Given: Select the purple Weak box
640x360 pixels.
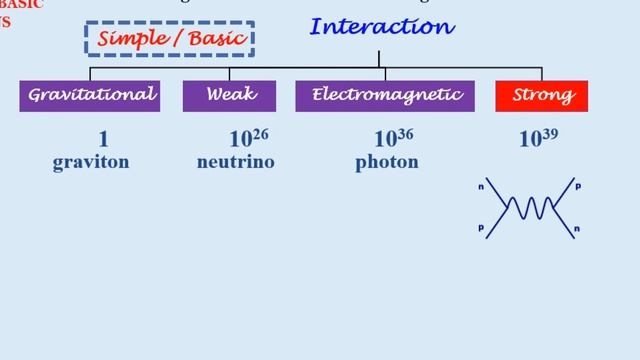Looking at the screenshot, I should point(229,96).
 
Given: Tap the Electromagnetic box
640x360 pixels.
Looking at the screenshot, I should point(386,96).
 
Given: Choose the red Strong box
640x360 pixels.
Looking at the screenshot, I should point(542,96).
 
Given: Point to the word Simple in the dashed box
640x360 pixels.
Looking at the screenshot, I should point(130,40).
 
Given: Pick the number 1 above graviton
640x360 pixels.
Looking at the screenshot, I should point(103,140).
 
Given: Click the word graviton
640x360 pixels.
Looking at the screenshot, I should point(91,162).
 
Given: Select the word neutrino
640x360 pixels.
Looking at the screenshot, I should point(235,162).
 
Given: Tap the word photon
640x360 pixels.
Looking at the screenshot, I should point(386,162).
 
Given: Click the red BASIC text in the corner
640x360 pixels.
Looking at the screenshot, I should point(22,5).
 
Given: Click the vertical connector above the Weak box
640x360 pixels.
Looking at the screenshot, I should point(229,74).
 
